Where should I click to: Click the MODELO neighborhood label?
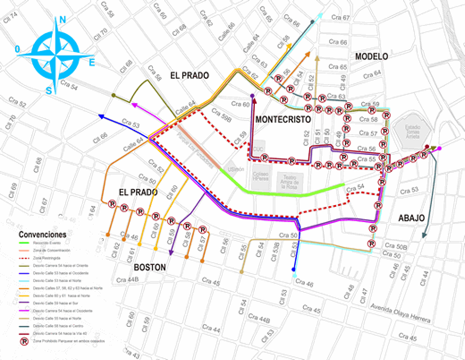[x=371, y=57]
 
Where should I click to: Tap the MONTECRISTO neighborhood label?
[x=283, y=119]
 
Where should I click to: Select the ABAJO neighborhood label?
[x=411, y=218]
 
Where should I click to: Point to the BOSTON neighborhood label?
[x=150, y=267]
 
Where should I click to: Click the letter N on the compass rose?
[x=62, y=20]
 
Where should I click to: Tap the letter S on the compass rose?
[x=49, y=91]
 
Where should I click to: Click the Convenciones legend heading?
[x=43, y=234]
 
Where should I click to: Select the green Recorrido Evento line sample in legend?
[x=24, y=243]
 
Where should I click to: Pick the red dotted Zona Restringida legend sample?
[x=24, y=258]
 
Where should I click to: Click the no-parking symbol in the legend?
[x=24, y=341]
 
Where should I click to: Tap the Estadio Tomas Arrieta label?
[x=413, y=131]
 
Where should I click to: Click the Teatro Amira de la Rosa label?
[x=289, y=181]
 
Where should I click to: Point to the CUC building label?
[x=258, y=149]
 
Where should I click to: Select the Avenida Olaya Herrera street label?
[x=400, y=313]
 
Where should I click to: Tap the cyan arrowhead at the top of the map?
[x=320, y=15]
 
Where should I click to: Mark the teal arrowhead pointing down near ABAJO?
[x=424, y=236]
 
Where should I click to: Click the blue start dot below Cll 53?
[x=294, y=270]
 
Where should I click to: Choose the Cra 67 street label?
[x=340, y=17]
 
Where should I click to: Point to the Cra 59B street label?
[x=221, y=115]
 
